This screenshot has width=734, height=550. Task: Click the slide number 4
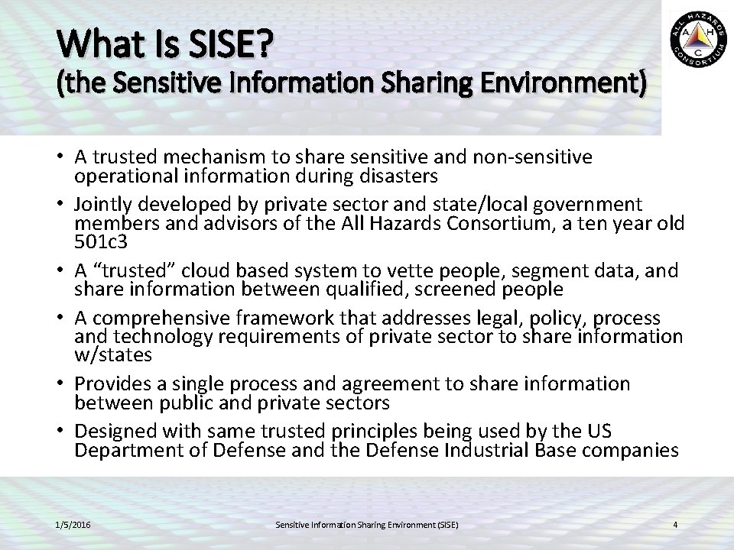point(675,525)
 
